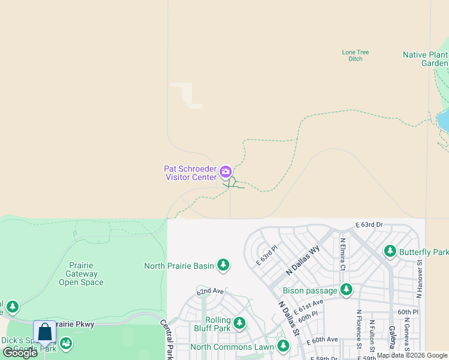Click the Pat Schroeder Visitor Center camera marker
226,172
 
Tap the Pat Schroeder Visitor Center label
190,173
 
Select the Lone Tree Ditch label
355,55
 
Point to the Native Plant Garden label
426,59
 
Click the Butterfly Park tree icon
390,251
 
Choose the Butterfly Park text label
424,253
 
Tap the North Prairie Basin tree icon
223,265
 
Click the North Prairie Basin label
179,265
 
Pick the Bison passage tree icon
346,290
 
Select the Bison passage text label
310,291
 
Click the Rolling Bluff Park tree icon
240,323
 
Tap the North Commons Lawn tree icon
283,346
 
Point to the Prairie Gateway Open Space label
81,274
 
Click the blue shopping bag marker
45,332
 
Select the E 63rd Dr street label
369,224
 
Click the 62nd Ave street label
209,291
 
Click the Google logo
20,353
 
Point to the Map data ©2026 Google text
412,355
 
